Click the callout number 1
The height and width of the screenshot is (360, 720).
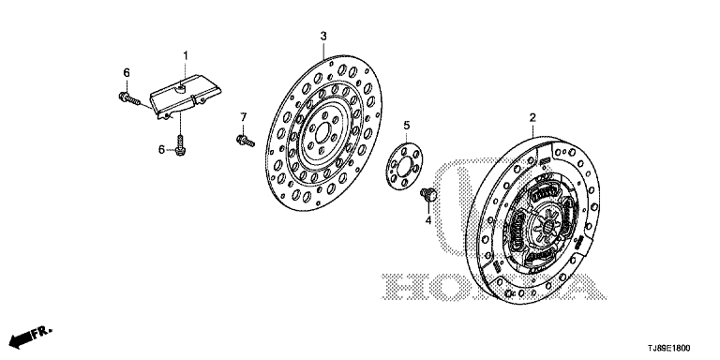[x=186, y=56]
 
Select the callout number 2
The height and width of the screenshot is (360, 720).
[x=532, y=117]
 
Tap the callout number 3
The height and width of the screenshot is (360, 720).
[x=323, y=37]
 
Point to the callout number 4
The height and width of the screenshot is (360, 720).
[x=427, y=221]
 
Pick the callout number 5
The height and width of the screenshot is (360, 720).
[x=406, y=125]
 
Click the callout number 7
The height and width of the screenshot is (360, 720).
[x=244, y=117]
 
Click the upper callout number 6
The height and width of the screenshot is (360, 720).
[x=127, y=72]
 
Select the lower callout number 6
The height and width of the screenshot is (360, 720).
[x=161, y=150]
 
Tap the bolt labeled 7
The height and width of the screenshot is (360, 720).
[x=246, y=141]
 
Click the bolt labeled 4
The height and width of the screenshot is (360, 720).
[x=427, y=195]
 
